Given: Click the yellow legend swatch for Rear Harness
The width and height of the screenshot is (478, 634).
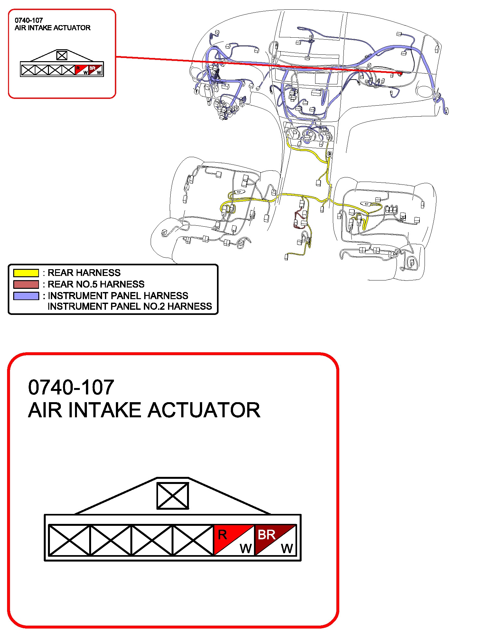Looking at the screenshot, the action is (26, 273).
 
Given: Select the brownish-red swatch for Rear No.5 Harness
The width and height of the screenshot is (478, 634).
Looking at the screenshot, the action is (26, 284).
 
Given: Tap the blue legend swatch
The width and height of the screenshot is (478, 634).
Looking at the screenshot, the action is (26, 296).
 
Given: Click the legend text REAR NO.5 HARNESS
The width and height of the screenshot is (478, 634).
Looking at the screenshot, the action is (96, 284).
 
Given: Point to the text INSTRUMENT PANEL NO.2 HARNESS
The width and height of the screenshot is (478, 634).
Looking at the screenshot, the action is (130, 306).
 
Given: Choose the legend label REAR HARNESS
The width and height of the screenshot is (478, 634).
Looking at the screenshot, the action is (84, 273).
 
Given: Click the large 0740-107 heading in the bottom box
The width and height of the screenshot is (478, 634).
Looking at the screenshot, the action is (71, 387).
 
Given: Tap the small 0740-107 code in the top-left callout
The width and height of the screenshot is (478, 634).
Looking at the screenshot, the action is (29, 20).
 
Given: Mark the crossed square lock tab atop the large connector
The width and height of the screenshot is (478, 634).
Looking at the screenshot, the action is (173, 496).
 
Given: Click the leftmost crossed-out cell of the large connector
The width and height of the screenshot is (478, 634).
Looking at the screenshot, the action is (69, 540).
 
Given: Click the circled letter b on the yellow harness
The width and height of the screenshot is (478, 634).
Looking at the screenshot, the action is (329, 154).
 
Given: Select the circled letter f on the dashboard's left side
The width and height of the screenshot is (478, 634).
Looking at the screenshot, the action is (196, 92).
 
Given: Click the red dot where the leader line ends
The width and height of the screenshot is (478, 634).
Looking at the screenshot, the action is (400, 73).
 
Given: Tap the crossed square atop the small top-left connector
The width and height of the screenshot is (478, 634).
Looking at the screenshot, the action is (62, 55).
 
